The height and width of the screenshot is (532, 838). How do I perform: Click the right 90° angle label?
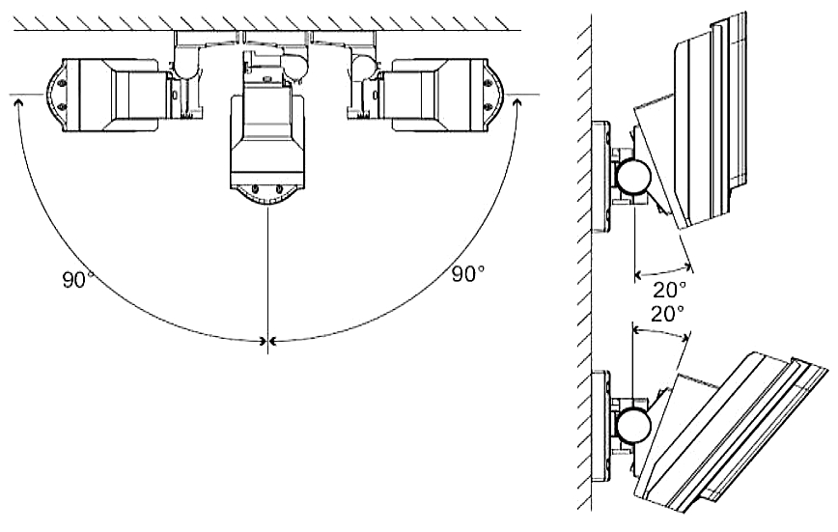coord(468,274)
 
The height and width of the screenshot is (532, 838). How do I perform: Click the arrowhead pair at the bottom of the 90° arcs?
coord(266,340)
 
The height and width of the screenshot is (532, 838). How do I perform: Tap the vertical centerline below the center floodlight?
coord(266,280)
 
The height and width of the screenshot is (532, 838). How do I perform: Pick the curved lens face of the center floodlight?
coord(265,198)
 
